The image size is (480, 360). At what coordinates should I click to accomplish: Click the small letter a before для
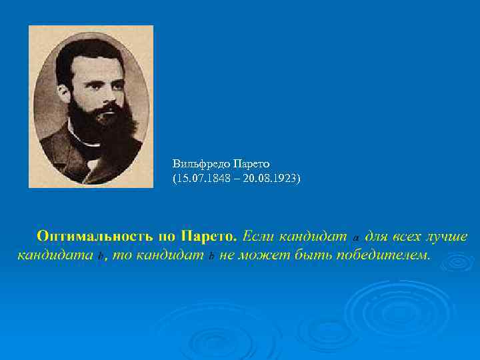(x=356, y=237)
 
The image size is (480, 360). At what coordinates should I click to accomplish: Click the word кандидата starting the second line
(x=54, y=255)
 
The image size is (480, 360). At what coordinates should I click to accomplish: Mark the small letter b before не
(x=211, y=257)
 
